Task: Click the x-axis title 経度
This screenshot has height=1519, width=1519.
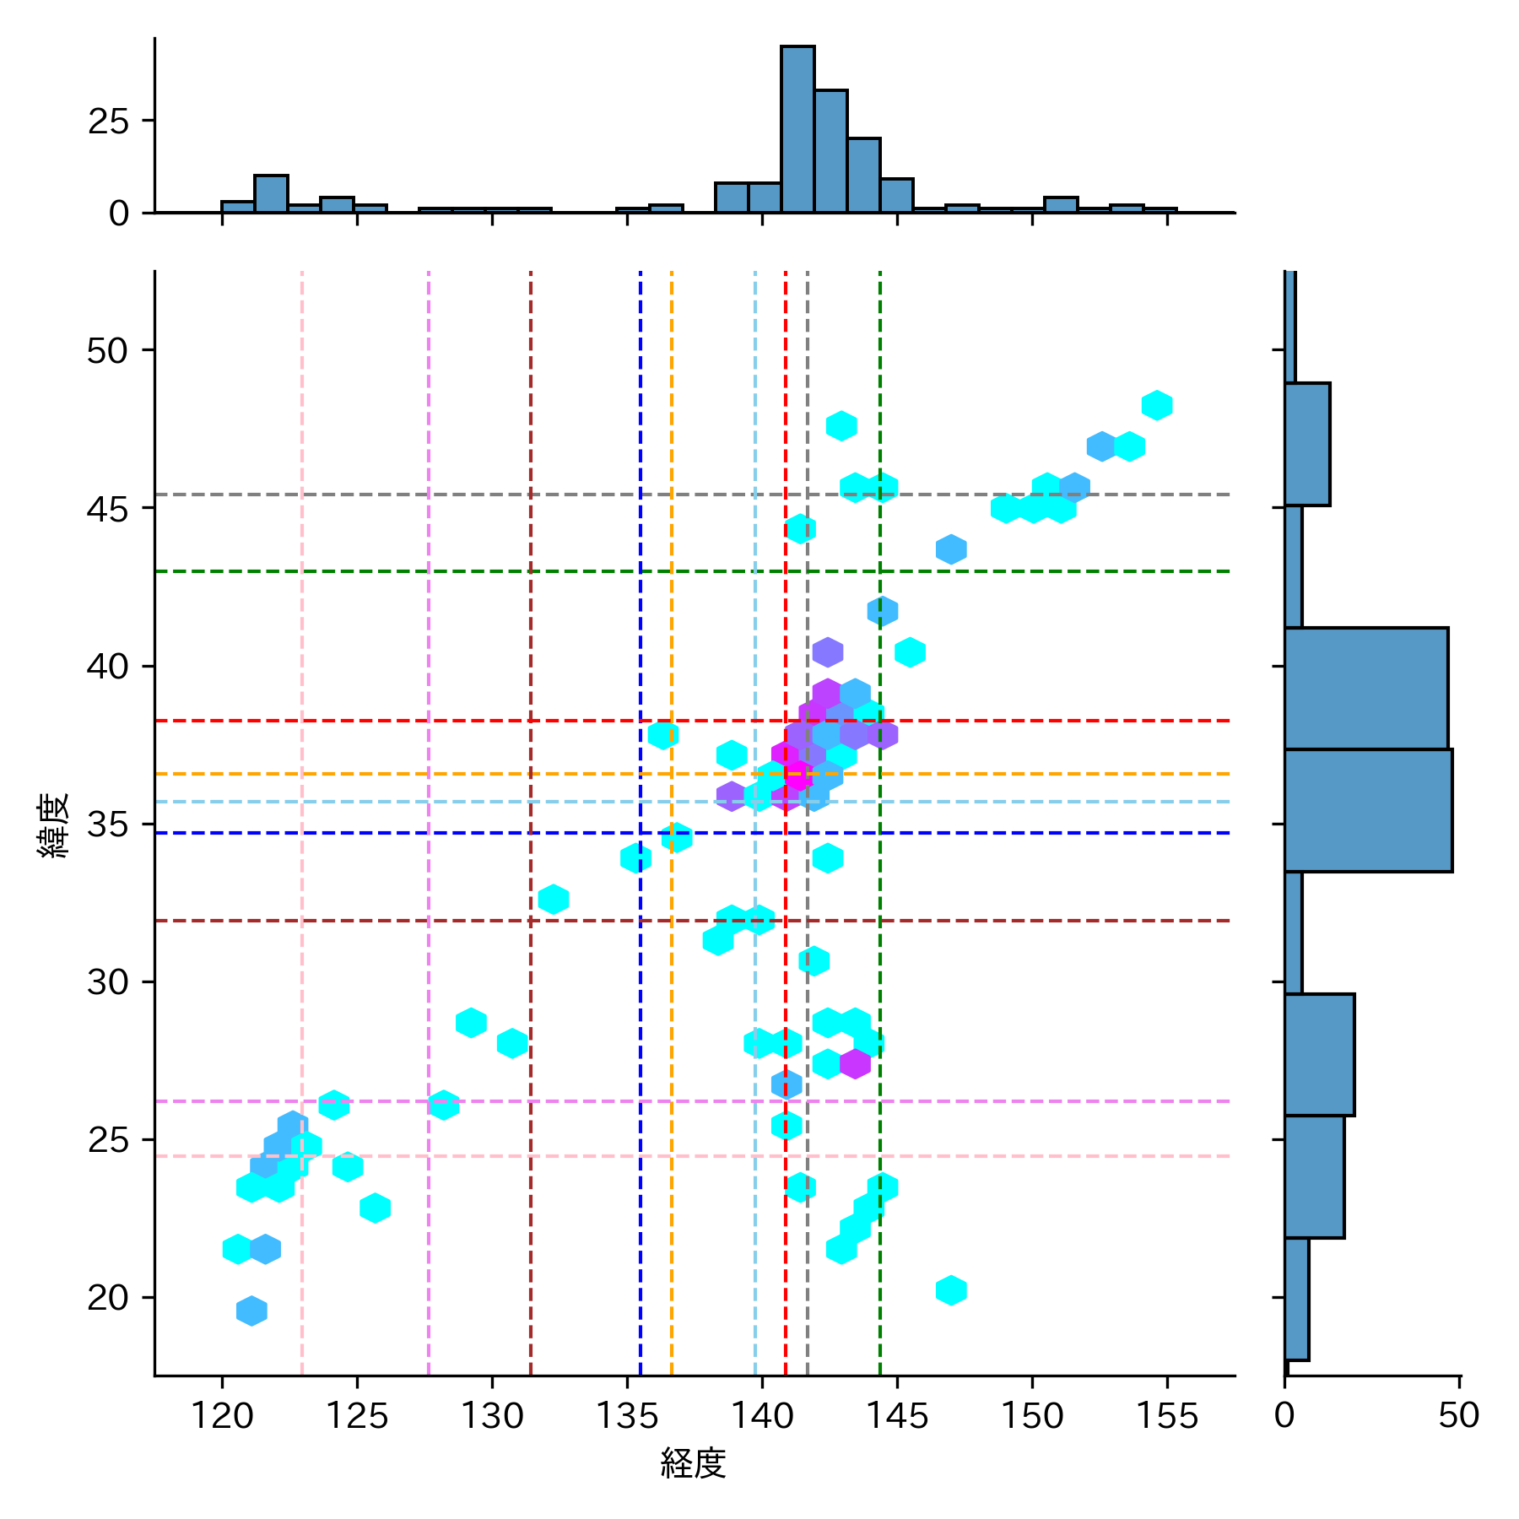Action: click(693, 1462)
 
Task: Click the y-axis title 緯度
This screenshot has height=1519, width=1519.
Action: click(53, 824)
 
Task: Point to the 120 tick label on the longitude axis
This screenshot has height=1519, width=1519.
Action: click(222, 1415)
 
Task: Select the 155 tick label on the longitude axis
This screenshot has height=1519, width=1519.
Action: click(1167, 1415)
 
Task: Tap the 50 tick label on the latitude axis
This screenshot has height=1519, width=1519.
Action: click(108, 350)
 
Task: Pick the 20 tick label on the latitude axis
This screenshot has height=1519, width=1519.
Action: click(108, 1297)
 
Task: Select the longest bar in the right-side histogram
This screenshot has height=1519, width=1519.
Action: click(1368, 810)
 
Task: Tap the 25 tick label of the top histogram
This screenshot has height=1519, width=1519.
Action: click(108, 122)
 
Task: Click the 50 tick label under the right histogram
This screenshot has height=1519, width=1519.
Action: click(1459, 1415)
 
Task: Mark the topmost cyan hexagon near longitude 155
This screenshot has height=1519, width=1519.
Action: click(1157, 405)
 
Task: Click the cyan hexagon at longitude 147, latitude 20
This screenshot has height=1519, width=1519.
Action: click(951, 1290)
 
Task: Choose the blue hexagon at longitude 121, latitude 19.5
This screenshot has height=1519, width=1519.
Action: click(251, 1311)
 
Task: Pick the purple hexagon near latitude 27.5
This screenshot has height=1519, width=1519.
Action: click(855, 1063)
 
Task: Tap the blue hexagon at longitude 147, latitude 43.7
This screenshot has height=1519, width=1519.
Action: click(951, 549)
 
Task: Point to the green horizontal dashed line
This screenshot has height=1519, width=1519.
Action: click(506, 571)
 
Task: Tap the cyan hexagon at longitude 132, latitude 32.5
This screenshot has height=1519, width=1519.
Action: click(554, 900)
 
